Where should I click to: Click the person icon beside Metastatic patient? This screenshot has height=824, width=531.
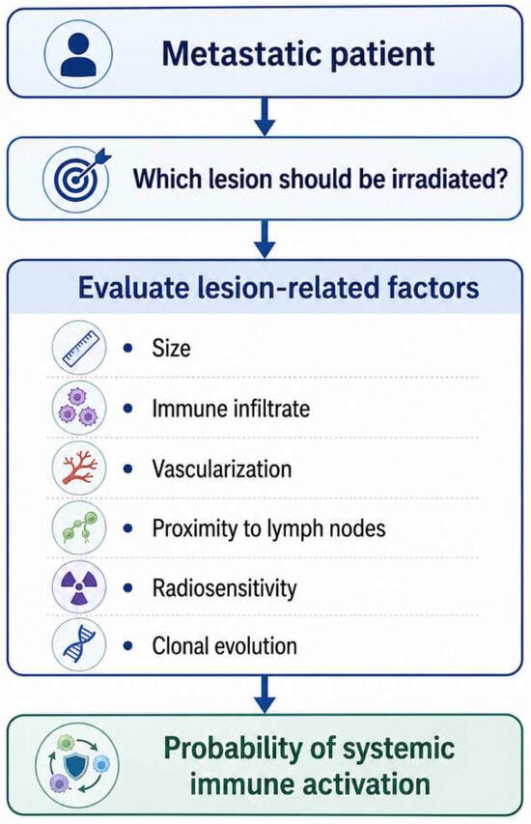[x=78, y=54]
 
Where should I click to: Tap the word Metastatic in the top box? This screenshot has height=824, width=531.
[x=240, y=53]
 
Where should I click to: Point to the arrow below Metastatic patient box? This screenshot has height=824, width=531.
[x=265, y=116]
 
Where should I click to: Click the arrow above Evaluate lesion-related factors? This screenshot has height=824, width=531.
[x=265, y=240]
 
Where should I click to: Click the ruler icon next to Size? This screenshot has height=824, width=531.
[x=79, y=348]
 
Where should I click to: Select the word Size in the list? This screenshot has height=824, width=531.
[x=171, y=348]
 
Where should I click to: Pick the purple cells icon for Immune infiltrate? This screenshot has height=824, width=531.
[x=79, y=408]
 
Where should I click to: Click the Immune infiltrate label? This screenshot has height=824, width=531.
[x=231, y=409]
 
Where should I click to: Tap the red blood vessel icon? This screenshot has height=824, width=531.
[x=79, y=468]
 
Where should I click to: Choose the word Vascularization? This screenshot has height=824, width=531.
[x=222, y=469]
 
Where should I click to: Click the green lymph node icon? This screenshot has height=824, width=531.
[x=79, y=527]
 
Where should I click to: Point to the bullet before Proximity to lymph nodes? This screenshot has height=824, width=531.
[x=127, y=528]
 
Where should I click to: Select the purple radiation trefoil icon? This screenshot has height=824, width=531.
[x=79, y=587]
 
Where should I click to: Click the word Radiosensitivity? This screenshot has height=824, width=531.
[x=224, y=588]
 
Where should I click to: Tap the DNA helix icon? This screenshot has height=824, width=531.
[x=79, y=644]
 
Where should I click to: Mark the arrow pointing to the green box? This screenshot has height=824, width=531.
[x=265, y=695]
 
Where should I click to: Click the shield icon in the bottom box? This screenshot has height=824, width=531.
[x=76, y=766]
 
